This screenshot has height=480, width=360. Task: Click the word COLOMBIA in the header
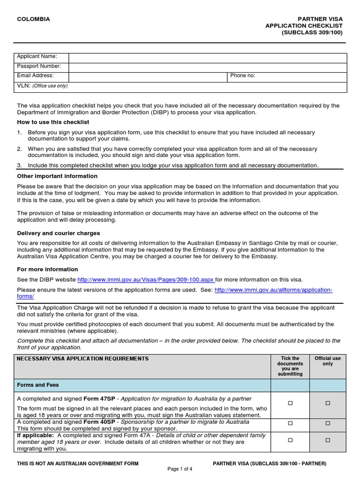33,19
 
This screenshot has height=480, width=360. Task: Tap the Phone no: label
242,75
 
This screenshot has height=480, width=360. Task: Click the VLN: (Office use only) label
42,86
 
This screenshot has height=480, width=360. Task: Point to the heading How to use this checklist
53,122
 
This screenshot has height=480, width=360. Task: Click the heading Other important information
57,176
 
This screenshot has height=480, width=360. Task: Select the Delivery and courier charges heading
58,233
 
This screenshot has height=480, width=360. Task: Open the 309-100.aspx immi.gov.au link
146,280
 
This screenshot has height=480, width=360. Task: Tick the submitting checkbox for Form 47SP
290,403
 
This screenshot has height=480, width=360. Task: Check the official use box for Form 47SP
328,403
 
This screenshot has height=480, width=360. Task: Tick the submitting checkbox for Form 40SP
290,423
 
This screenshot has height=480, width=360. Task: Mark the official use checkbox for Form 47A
328,440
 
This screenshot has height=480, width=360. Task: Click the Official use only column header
328,361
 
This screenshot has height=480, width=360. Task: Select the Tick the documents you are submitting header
290,366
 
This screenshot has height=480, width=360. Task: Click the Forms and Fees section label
38,385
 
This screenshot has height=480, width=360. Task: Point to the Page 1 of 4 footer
180,469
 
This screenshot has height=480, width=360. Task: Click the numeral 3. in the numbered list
20,165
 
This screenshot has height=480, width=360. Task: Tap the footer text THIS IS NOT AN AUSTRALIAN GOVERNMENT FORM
78,464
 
